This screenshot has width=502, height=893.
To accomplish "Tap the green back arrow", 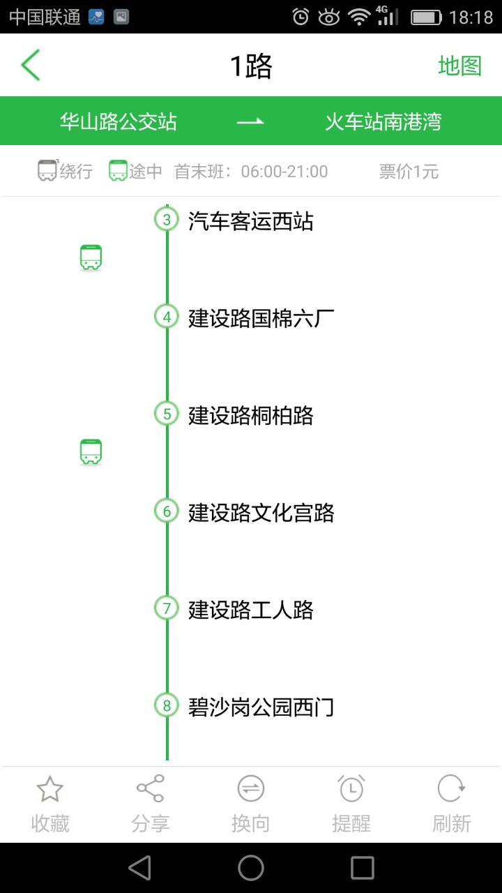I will coord(31,66).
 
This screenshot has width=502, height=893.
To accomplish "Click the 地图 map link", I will coord(459,66).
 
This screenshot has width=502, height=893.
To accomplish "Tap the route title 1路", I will coord(251,66).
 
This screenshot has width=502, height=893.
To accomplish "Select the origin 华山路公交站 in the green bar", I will coord(118,122).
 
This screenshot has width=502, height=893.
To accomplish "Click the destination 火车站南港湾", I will coord(383,122).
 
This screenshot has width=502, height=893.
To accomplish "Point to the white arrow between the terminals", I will coord(251,122).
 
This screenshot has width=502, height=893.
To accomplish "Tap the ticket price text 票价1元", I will coord(409,172).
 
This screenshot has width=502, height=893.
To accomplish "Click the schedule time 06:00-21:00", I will coord(284,172).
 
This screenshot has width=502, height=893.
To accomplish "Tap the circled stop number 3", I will coord(167,220).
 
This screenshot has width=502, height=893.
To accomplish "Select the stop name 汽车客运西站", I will coord(251,222).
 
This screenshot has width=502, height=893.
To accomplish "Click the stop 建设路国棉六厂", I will coord(261,319).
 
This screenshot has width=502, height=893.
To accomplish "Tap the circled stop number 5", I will coord(167,414).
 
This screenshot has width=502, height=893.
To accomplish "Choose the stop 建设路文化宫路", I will coord(261,513).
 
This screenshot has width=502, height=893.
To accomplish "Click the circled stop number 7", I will coord(167,608).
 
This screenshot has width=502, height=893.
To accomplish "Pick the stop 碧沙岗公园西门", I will coord(261,707).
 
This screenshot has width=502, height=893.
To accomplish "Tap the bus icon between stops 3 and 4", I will coord(91,258).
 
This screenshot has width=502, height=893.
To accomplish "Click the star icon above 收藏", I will coord(50,789).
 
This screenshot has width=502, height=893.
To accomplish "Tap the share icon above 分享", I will coord(151,788).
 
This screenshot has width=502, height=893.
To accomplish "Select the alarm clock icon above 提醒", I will coord(351,788).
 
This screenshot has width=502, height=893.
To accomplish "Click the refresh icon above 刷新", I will coord(451,788).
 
